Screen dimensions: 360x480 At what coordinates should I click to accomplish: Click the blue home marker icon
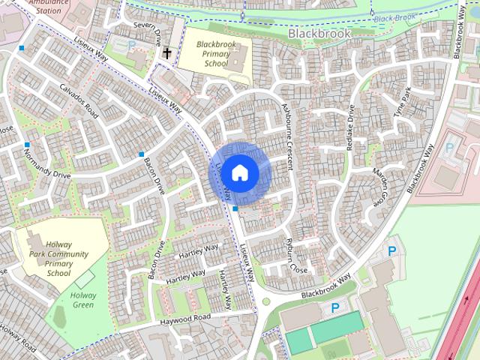[238, 173]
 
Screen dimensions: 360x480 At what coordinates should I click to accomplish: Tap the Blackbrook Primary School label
[211, 54]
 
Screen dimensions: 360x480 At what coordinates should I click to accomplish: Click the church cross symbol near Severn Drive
[166, 53]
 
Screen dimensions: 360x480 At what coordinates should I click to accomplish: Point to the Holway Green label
[84, 299]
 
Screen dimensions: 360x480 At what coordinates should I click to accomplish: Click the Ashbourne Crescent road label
[286, 132]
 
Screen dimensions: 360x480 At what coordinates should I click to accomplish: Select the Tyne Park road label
[403, 104]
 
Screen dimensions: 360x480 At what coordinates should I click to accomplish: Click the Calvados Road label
[81, 100]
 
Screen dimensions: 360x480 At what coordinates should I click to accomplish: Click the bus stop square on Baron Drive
[141, 154]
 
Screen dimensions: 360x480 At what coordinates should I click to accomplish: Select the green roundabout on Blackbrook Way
[265, 302]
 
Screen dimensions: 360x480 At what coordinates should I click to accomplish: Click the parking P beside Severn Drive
[133, 45]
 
